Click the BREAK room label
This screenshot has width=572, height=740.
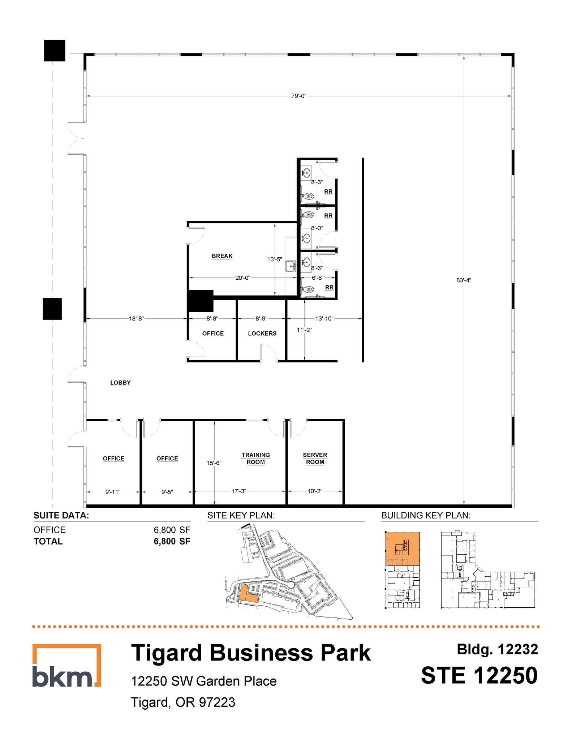click(x=222, y=256)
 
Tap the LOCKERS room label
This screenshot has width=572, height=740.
click(x=262, y=334)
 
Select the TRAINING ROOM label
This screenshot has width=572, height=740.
click(x=255, y=458)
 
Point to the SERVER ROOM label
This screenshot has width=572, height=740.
click(x=315, y=458)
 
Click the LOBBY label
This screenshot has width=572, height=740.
click(x=120, y=383)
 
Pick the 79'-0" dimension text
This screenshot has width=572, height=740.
click(x=298, y=96)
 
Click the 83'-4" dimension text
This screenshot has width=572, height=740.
click(x=464, y=280)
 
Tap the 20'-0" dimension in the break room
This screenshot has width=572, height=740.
click(x=242, y=278)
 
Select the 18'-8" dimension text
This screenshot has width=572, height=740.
click(x=136, y=319)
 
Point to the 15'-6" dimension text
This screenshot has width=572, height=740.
click(x=214, y=463)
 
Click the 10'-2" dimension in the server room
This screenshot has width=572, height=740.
click(x=314, y=491)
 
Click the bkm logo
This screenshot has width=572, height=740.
click(x=66, y=666)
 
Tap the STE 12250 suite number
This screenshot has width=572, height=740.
click(x=479, y=675)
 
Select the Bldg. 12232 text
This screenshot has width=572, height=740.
click(x=497, y=649)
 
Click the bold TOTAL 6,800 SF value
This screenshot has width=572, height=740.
click(x=172, y=541)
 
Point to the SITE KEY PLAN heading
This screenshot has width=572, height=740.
click(x=241, y=515)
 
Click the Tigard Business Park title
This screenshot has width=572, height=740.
click(x=251, y=653)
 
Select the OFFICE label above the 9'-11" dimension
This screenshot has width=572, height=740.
click(x=113, y=458)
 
